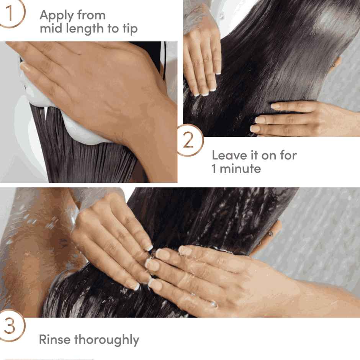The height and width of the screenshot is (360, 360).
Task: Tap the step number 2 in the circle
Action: pyautogui.click(x=188, y=141)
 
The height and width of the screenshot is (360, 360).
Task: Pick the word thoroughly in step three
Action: pyautogui.click(x=106, y=340)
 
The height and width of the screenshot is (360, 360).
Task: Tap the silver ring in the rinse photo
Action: pyautogui.click(x=213, y=304)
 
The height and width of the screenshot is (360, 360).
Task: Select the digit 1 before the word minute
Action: pyautogui.click(x=214, y=169)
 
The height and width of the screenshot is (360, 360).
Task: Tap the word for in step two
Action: pyautogui.click(x=288, y=155)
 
